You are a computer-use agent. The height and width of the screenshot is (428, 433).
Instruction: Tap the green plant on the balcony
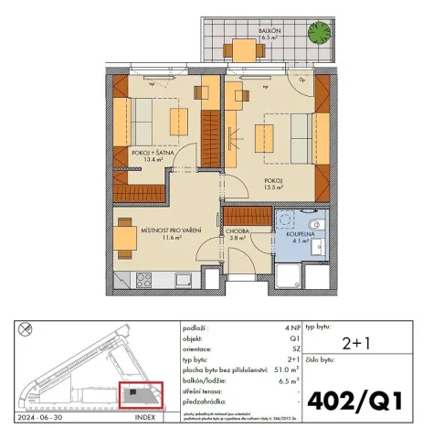coord(319,35)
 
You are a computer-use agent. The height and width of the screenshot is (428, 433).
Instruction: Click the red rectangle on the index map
coord(142,394)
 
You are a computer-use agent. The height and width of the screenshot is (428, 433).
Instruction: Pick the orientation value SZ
coord(292,348)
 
